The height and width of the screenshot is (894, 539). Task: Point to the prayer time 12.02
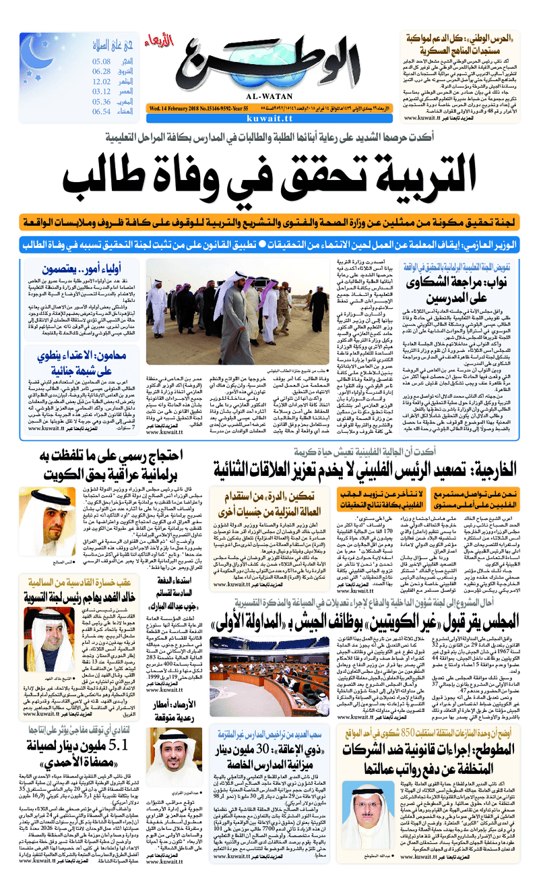click(101, 81)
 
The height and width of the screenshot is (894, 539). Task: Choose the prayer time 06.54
click(101, 111)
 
